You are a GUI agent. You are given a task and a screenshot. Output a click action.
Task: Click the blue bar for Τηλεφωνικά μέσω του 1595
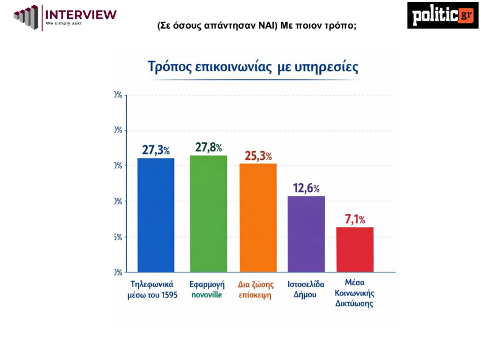(x=156, y=215)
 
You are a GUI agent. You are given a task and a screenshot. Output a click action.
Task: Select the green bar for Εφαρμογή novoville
(x=208, y=213)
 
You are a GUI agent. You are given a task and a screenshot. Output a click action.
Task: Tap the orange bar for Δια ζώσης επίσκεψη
(x=258, y=218)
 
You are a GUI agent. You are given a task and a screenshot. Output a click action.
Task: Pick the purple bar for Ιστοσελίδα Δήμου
(x=306, y=234)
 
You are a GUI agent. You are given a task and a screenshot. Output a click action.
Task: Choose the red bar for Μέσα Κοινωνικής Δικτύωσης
(x=355, y=249)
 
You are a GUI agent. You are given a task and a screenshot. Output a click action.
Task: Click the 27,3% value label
(x=156, y=150)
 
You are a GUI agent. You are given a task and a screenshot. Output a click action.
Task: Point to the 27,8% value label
(x=208, y=147)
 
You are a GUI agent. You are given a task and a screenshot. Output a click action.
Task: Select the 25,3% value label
(x=258, y=156)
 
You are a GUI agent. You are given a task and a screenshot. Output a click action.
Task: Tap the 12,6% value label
(x=306, y=189)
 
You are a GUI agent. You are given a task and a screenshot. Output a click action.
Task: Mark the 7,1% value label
(x=355, y=220)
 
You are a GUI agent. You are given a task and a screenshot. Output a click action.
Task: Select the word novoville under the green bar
(x=208, y=295)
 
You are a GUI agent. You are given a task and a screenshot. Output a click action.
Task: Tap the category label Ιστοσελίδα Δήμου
(x=306, y=289)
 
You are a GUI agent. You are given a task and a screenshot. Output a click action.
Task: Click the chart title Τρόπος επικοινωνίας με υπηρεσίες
(x=253, y=66)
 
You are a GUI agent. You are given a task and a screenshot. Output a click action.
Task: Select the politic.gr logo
(x=443, y=15)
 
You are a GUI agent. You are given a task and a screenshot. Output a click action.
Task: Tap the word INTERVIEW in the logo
(x=81, y=14)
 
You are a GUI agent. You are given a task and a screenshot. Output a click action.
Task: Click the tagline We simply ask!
(x=63, y=24)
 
